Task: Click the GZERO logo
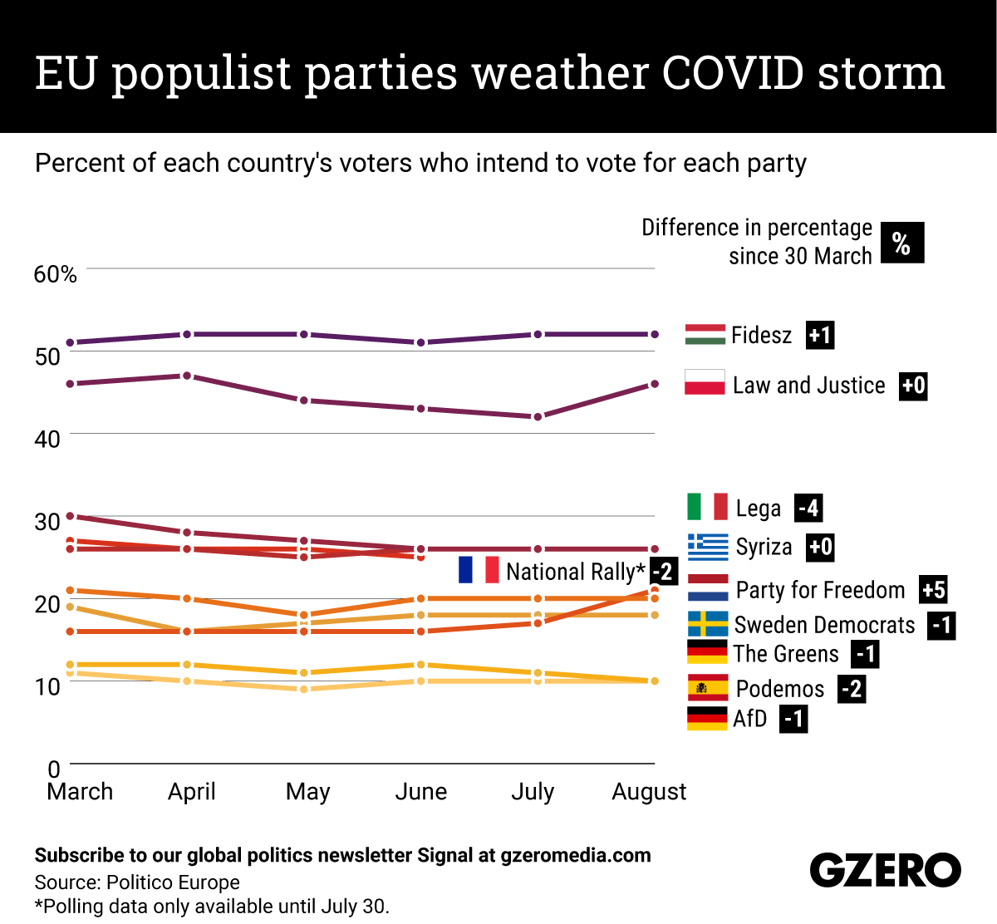pyautogui.click(x=885, y=871)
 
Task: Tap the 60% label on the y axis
pyautogui.click(x=55, y=274)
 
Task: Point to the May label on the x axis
pyautogui.click(x=307, y=792)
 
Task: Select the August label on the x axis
pyautogui.click(x=649, y=792)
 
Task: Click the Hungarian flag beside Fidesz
pyautogui.click(x=705, y=335)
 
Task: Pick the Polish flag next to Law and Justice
pyautogui.click(x=705, y=383)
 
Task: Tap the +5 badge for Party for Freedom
pyautogui.click(x=933, y=590)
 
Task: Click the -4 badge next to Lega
pyautogui.click(x=808, y=508)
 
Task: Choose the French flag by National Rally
pyautogui.click(x=479, y=570)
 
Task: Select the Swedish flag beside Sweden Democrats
pyautogui.click(x=708, y=624)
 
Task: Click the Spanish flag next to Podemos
pyautogui.click(x=708, y=688)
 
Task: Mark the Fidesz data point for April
pyautogui.click(x=187, y=334)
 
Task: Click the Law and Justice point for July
pyautogui.click(x=538, y=416)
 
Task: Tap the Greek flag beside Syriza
pyautogui.click(x=708, y=547)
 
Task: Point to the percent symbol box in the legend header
pyautogui.click(x=901, y=243)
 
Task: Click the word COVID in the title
pyautogui.click(x=733, y=73)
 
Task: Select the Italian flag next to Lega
pyautogui.click(x=708, y=507)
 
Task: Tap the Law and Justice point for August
pyautogui.click(x=655, y=384)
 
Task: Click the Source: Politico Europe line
pyautogui.click(x=137, y=882)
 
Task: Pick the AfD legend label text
pyautogui.click(x=749, y=719)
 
